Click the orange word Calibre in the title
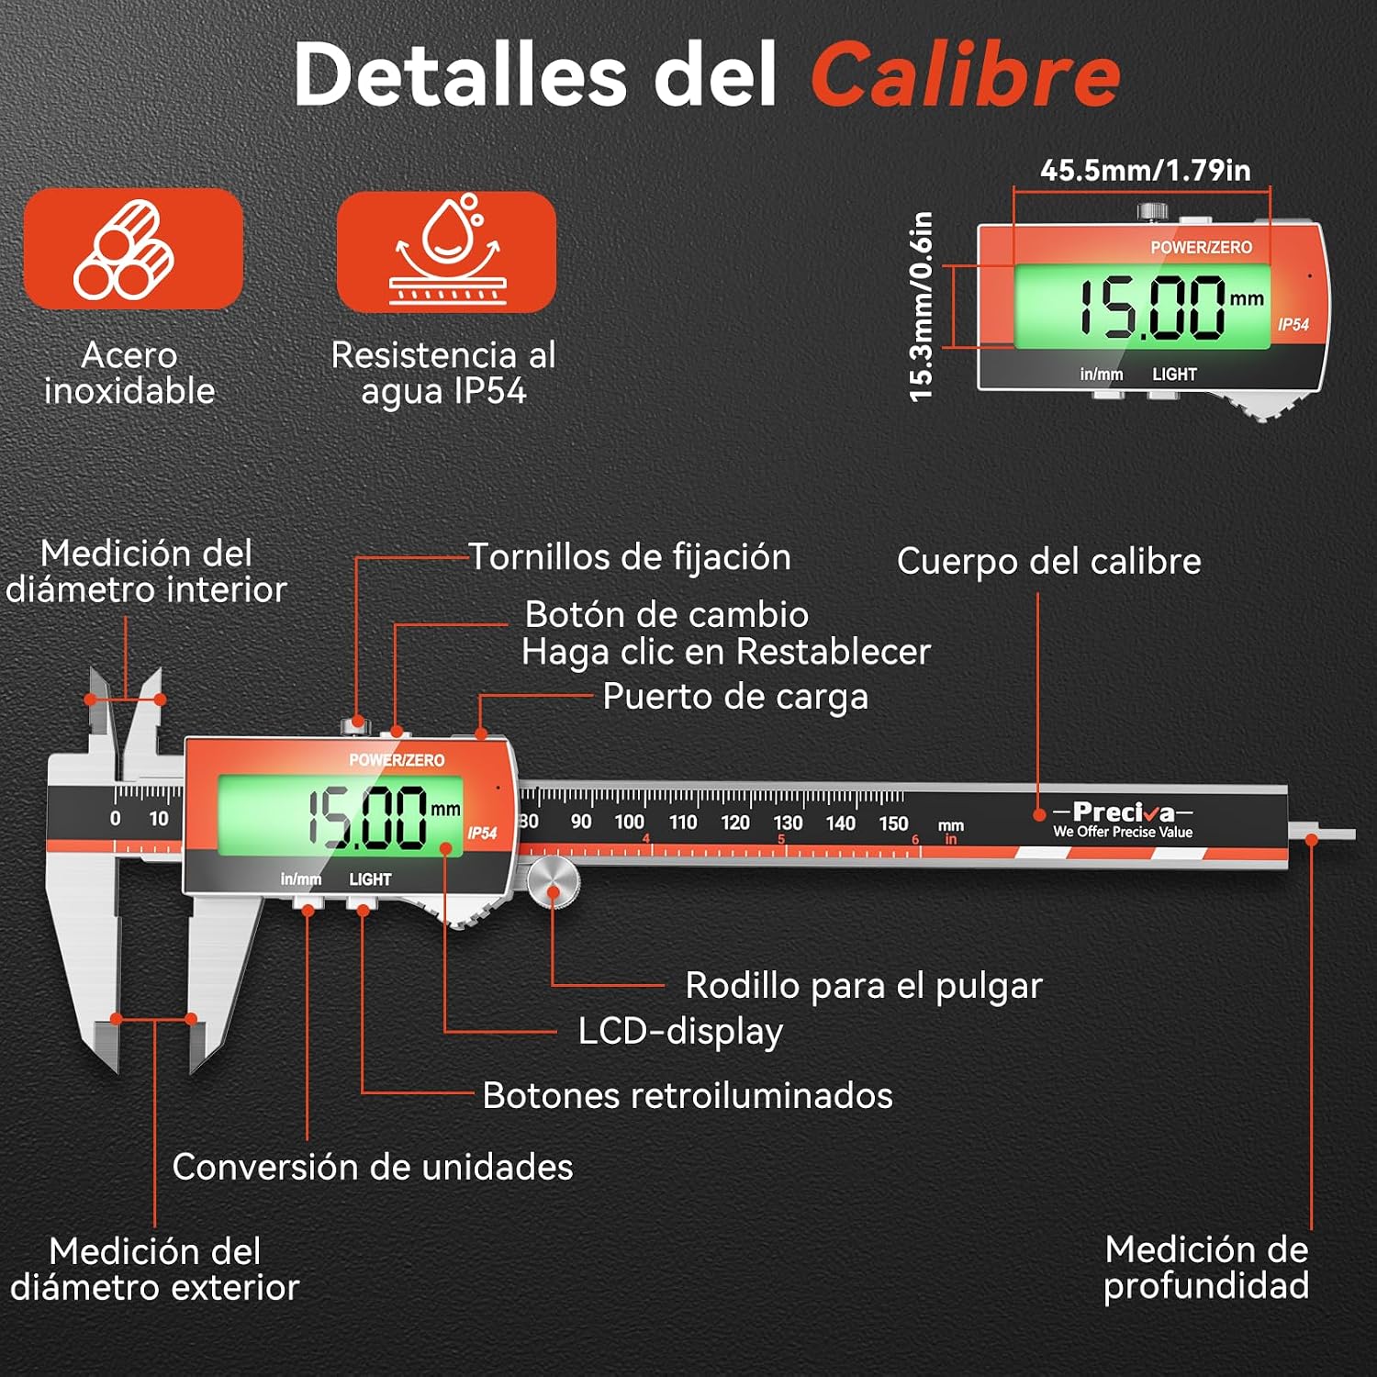tap(965, 74)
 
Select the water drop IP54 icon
tap(446, 252)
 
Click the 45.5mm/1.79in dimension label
tap(1145, 170)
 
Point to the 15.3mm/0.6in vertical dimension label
tap(921, 307)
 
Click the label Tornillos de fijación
tap(630, 557)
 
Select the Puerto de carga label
tap(735, 697)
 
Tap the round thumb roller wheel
tap(554, 882)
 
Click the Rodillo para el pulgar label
tap(864, 986)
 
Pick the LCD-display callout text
tap(680, 1032)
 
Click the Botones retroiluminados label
tap(688, 1095)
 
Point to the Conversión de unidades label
tap(373, 1167)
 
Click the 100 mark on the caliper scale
tap(630, 822)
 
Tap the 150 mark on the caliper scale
tap(893, 823)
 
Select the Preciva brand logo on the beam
tap(1123, 819)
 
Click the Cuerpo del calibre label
tap(1049, 561)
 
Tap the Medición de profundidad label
tap(1206, 1267)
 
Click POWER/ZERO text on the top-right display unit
tap(1202, 247)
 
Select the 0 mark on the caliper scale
tap(115, 818)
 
